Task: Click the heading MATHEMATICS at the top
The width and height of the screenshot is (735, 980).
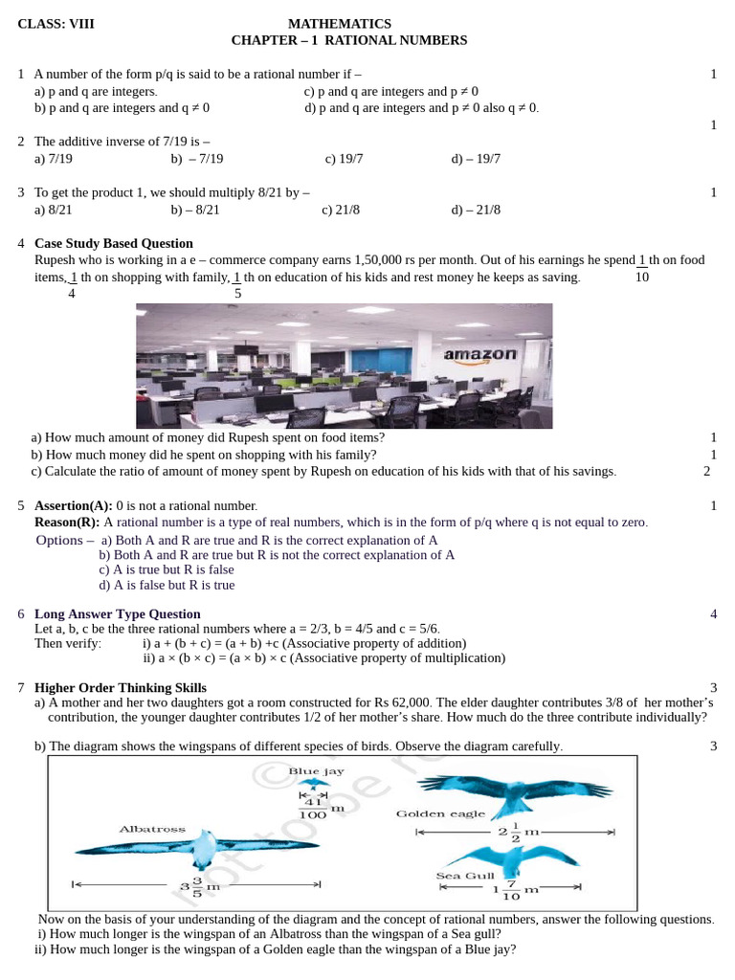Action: tap(340, 23)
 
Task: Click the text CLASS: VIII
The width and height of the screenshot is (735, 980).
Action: tap(56, 23)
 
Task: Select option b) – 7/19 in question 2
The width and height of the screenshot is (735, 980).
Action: tap(197, 159)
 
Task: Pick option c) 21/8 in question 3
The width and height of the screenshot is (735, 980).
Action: tap(341, 210)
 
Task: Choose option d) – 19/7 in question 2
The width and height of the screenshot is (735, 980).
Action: tap(476, 159)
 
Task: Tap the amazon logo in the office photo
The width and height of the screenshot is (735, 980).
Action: tap(480, 354)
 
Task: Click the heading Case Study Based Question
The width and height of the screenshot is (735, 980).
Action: tap(114, 243)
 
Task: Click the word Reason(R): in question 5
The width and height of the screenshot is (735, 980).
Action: tap(67, 523)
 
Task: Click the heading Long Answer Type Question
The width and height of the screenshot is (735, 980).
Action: tap(118, 613)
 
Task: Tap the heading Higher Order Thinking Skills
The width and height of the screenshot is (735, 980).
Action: tap(121, 687)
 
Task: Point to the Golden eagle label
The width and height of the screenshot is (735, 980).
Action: tap(440, 813)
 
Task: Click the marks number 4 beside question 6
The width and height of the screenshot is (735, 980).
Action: tap(713, 613)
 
